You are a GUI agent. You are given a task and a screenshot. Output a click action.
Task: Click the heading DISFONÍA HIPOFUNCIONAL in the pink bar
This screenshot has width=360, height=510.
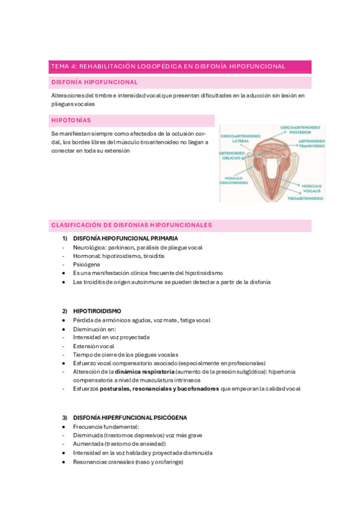(94, 82)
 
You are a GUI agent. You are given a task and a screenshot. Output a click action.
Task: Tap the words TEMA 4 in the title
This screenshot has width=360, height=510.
(64, 66)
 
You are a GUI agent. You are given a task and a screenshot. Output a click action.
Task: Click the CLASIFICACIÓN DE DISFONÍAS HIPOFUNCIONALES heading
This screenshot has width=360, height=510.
(132, 225)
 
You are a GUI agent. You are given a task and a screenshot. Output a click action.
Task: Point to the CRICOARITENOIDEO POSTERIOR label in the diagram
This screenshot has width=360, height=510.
(302, 129)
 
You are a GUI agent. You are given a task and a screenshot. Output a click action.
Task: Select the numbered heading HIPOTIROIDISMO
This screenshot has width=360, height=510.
(97, 311)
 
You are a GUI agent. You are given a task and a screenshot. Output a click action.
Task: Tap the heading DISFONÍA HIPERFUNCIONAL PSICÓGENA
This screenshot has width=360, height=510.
(130, 417)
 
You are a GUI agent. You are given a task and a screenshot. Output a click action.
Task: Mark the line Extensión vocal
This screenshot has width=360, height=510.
(94, 346)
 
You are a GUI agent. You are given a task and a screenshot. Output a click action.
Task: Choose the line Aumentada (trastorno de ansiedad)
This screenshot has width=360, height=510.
(119, 444)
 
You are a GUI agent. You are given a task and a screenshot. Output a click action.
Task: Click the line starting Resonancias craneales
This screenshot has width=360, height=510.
(128, 462)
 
